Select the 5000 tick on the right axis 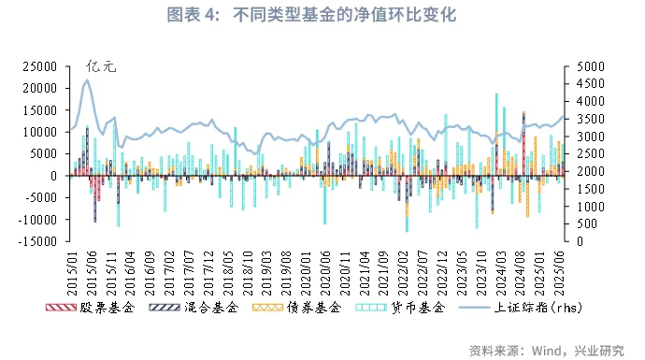pyautogui.click(x=589, y=66)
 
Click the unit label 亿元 pyautogui.click(x=101, y=66)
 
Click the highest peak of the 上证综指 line pyautogui.click(x=87, y=79)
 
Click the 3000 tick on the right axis pyautogui.click(x=589, y=137)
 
